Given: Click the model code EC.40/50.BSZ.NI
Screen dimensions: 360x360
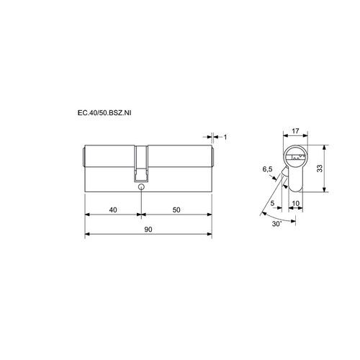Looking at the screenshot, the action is (x=104, y=113).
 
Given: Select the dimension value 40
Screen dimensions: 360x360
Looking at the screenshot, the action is (x=113, y=210).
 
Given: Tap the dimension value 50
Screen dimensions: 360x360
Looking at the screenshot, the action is (x=176, y=210).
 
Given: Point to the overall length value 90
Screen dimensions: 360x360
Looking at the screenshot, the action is (x=148, y=230).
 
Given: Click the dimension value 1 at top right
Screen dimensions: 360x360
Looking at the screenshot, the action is (x=225, y=137).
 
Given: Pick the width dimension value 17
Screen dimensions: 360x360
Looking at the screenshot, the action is (x=295, y=131).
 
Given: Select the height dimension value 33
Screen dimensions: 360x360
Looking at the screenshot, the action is (x=320, y=168).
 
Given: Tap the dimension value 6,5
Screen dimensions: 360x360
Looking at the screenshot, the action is (x=267, y=169).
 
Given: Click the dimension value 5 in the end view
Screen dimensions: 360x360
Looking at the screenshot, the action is (x=272, y=203).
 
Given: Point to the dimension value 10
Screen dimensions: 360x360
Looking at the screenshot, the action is (x=296, y=203).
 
